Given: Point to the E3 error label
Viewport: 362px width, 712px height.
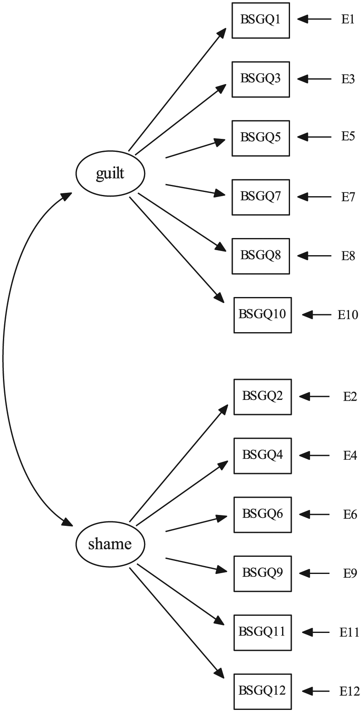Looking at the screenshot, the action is pos(348,79).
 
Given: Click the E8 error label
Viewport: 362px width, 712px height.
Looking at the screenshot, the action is pos(348,256).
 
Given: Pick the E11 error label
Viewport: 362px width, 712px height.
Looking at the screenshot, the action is pos(349,632).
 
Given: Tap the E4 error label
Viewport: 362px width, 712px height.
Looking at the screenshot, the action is pos(350,456).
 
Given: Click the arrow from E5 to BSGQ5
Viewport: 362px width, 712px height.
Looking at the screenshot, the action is pos(314,137).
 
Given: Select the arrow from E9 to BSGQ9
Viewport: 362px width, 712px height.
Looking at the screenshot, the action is pos(314,574).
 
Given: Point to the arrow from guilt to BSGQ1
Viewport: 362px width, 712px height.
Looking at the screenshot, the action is pos(177,90).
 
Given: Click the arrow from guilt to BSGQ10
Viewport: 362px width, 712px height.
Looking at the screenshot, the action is pos(177,250).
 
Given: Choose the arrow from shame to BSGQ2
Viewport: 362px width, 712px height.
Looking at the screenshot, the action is pos(179,463).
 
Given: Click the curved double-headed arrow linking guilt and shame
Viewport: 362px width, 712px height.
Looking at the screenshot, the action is pos(3,359).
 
